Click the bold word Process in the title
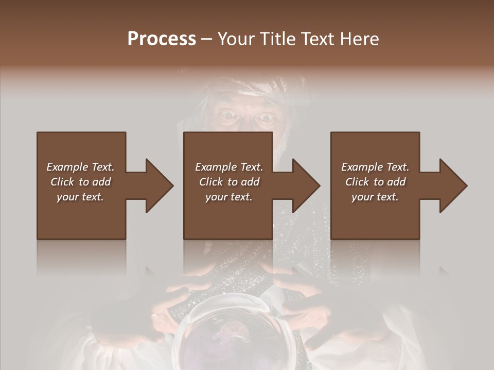162,39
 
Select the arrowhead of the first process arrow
160,186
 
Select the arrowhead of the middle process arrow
306,186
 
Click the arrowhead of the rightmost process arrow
453,186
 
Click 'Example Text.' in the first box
80,167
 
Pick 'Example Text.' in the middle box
229,167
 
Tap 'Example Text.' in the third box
375,167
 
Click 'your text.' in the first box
80,197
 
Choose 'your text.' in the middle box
229,197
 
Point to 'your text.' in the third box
375,197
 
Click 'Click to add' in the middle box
229,182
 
